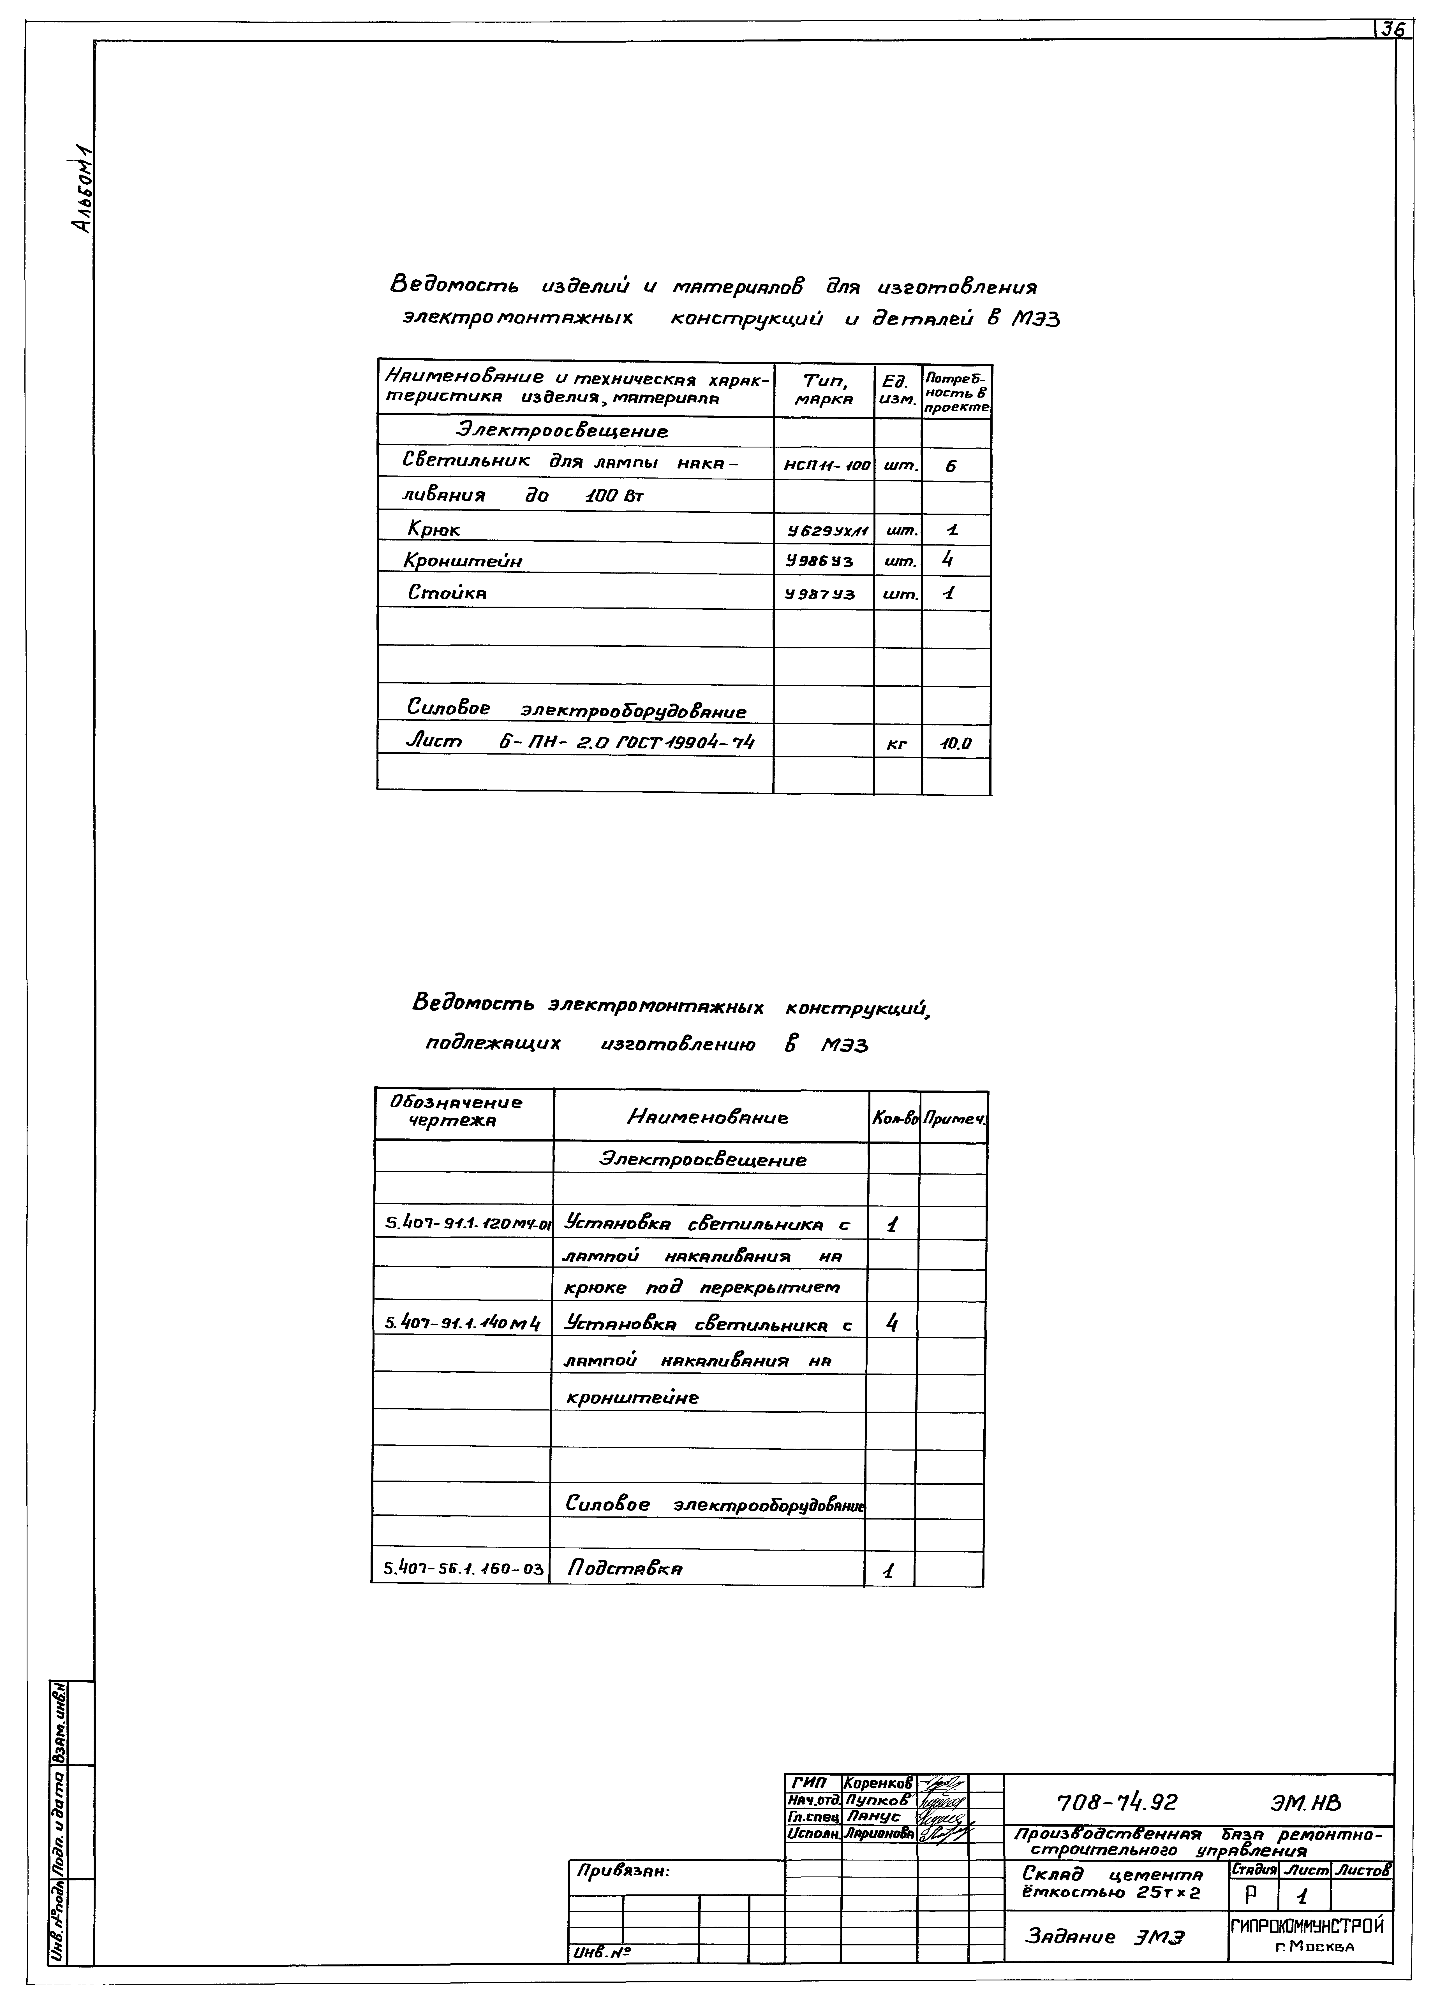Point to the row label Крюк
tap(433, 530)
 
